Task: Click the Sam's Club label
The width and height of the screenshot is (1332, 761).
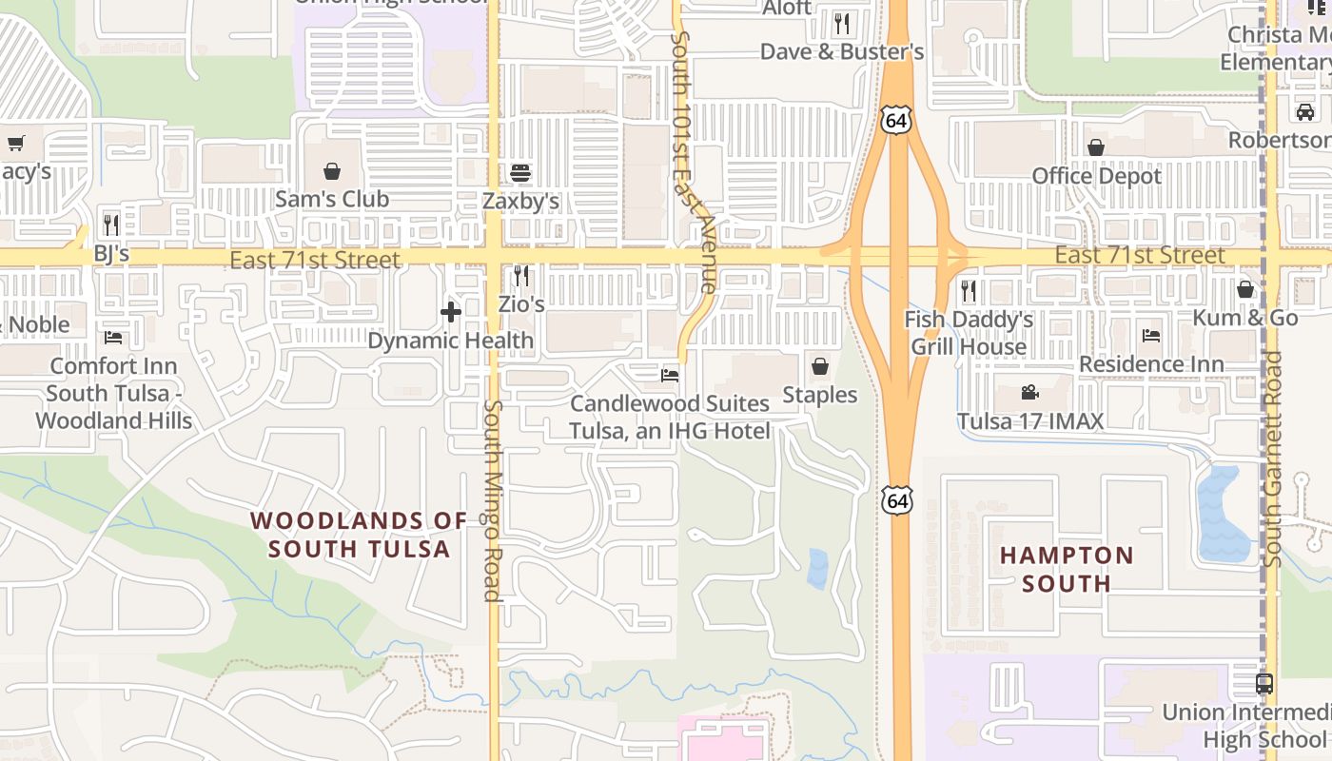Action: [332, 199]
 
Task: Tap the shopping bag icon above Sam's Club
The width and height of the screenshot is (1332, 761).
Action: [332, 171]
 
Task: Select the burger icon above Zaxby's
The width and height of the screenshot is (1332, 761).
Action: [520, 173]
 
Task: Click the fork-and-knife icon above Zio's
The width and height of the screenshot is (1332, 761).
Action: [520, 276]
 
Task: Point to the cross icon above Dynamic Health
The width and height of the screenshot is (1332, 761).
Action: [451, 311]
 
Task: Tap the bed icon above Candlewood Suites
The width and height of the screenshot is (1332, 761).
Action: [670, 376]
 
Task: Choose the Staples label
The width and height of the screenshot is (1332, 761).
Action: [820, 394]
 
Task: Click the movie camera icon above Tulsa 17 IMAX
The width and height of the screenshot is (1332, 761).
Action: [1029, 392]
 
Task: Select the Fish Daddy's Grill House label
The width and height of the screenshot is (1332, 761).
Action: [969, 333]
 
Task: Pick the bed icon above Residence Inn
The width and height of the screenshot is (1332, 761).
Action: [1151, 335]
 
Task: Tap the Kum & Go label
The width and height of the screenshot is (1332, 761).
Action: [1245, 318]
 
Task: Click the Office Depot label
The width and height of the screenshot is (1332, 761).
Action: [1097, 176]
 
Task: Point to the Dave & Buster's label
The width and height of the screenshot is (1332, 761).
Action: [842, 51]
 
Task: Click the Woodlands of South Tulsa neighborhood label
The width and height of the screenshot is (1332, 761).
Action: [359, 535]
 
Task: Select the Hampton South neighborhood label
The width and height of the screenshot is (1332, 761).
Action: [1067, 569]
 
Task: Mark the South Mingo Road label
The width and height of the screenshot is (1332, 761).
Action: [492, 499]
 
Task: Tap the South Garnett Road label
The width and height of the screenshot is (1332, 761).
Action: [1273, 460]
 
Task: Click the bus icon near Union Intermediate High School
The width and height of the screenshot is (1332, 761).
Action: [1264, 683]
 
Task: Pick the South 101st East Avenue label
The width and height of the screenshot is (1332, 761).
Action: [694, 162]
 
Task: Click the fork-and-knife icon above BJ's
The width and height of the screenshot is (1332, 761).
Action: [111, 224]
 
